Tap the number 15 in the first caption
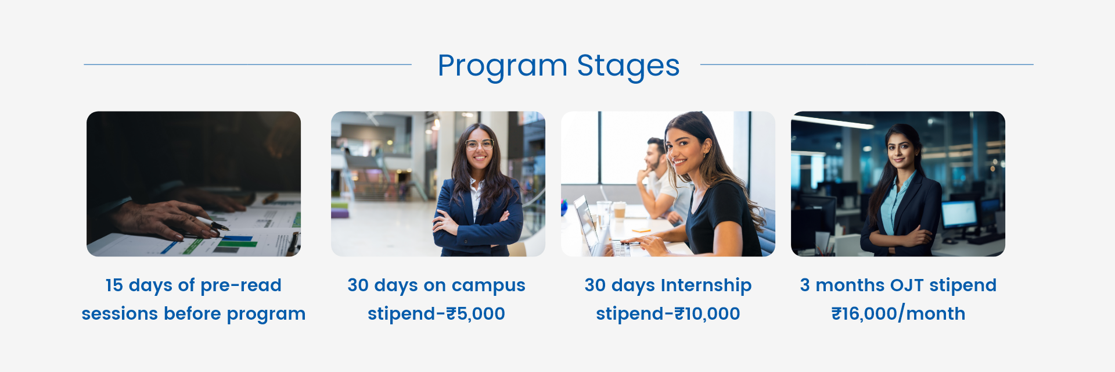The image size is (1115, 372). coord(114,285)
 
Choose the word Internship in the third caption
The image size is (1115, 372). coord(706,286)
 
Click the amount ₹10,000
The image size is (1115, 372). coord(707,314)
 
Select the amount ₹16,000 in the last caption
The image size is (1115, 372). coord(864,314)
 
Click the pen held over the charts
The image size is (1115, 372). coord(212,223)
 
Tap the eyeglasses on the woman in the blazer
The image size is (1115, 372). coord(479,144)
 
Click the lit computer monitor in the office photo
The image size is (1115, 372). coord(959,214)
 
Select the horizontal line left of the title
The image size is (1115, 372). coord(247,65)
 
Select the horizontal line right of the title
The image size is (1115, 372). coord(866,65)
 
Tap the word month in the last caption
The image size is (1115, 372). coord(936,314)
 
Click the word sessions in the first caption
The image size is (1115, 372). coord(120,314)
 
